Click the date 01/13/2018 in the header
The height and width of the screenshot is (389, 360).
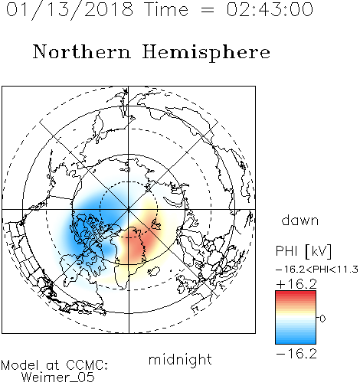coord(70,10)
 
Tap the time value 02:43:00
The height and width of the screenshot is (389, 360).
coord(270,9)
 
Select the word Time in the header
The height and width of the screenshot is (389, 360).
coord(166,9)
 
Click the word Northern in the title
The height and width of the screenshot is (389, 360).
coord(82,51)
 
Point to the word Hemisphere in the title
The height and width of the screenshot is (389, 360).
coord(206,53)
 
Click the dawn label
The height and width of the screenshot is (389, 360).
coord(300,221)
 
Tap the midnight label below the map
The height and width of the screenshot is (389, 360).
coord(180,360)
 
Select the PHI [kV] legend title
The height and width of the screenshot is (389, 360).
coord(303,251)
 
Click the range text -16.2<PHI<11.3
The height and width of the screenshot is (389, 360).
coord(317,270)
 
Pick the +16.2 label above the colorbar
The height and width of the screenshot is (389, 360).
coord(296,284)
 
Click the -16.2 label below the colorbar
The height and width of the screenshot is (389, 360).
coord(296,354)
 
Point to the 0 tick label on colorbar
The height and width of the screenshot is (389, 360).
coord(322,319)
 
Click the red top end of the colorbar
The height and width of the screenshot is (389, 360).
coord(296,293)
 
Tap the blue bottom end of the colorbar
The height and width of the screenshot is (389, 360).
coord(296,342)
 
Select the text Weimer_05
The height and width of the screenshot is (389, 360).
coord(58,378)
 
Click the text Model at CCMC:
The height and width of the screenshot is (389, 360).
coord(54,365)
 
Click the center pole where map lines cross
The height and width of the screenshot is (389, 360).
coord(129,209)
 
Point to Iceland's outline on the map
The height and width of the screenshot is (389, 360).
coord(154,271)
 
